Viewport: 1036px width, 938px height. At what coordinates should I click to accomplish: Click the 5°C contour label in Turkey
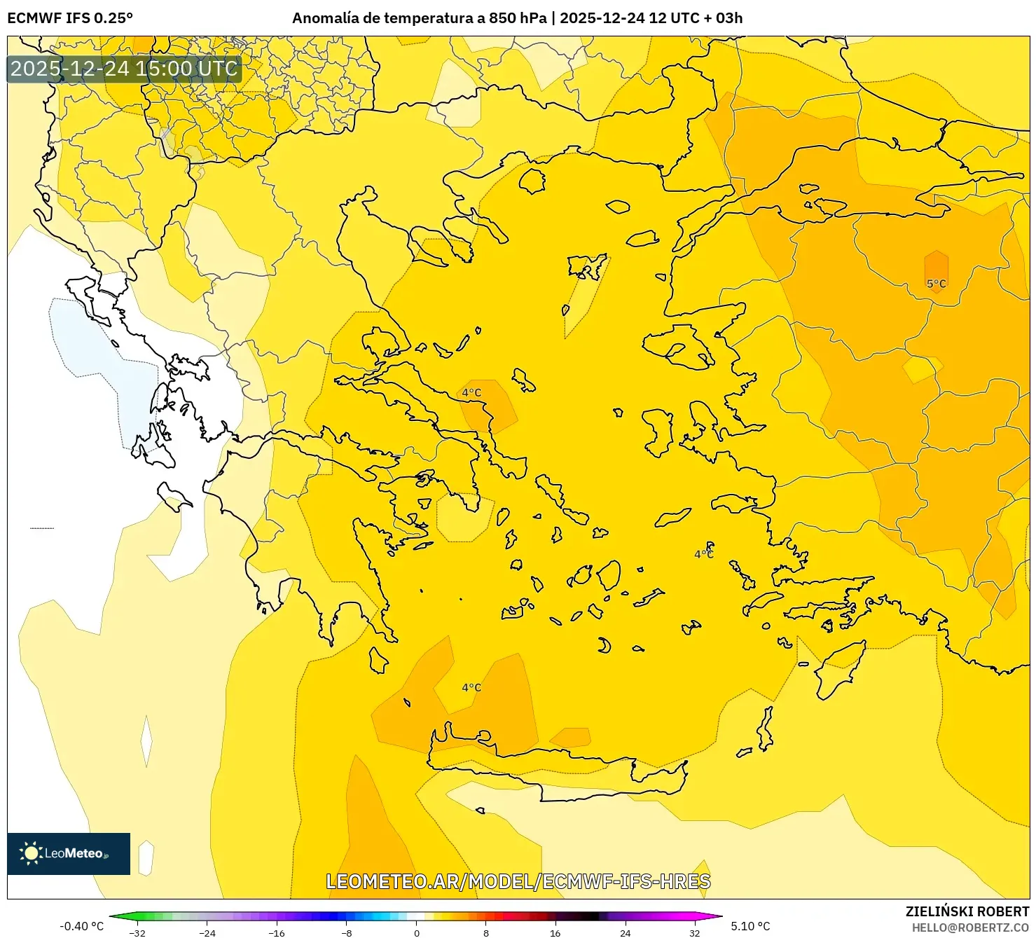(x=936, y=284)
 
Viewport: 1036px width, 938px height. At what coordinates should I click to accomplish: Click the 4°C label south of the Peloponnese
(x=471, y=687)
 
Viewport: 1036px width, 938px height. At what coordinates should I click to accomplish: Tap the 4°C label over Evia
(x=471, y=393)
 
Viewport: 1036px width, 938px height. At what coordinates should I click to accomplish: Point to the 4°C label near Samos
(x=703, y=554)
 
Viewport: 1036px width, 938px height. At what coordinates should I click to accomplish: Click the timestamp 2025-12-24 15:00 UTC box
(x=124, y=69)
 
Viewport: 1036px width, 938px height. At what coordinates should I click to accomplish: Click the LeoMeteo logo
(x=69, y=853)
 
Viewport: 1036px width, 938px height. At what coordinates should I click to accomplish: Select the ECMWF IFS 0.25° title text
(x=70, y=18)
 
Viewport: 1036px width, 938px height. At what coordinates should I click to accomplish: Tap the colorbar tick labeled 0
(x=417, y=932)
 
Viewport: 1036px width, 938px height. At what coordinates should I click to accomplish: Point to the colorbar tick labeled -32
(x=138, y=932)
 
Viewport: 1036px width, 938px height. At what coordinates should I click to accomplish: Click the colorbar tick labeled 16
(x=555, y=932)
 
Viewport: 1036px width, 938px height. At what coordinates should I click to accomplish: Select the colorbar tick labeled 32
(x=694, y=932)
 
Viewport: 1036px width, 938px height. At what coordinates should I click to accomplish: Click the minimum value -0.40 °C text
(x=82, y=926)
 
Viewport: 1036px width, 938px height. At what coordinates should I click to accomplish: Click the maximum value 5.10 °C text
(x=750, y=926)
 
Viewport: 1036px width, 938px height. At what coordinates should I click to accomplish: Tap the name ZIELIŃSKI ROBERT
(x=967, y=911)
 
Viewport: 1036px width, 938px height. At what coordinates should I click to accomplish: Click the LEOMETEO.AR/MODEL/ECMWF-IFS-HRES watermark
(x=518, y=881)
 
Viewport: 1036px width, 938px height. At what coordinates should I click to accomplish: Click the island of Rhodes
(x=838, y=670)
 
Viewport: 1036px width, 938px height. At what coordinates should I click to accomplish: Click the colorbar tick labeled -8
(x=347, y=932)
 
